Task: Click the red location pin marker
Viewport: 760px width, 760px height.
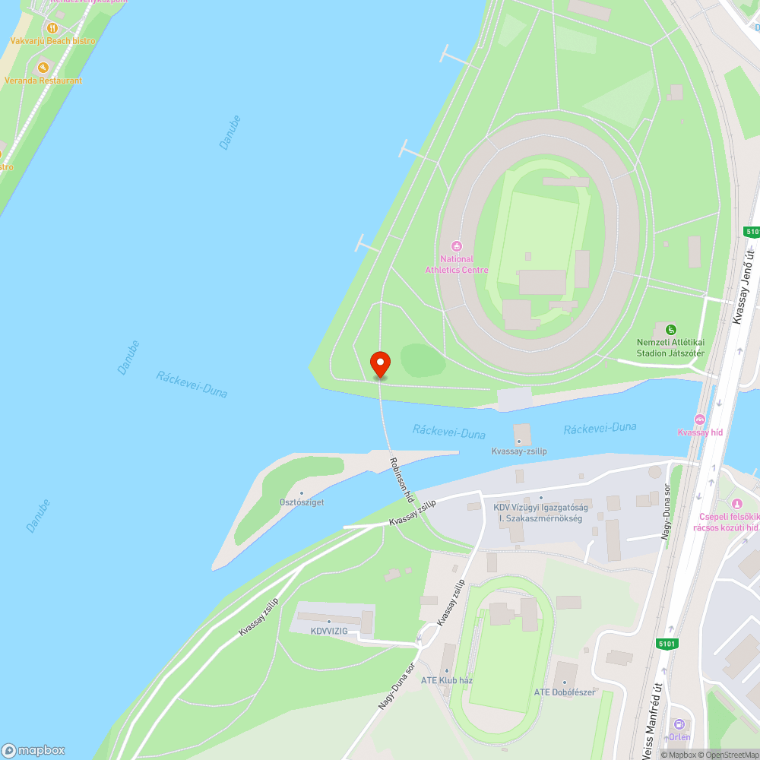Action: click(x=379, y=363)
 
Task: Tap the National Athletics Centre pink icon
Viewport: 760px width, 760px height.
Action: click(x=457, y=245)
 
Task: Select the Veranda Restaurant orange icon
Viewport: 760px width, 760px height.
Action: click(x=43, y=67)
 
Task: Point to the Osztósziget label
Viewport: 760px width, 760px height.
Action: click(x=302, y=503)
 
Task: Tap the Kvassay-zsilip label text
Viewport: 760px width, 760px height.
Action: click(x=519, y=451)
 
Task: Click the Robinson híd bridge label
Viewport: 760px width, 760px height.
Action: click(x=401, y=480)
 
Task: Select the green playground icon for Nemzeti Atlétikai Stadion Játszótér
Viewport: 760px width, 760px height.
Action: click(x=670, y=329)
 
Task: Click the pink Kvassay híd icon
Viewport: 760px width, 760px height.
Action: click(x=700, y=420)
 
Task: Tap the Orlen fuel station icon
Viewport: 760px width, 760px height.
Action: click(x=679, y=724)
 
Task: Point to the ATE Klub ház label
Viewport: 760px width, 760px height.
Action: click(x=447, y=680)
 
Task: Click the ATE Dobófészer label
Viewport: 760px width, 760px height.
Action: click(x=564, y=692)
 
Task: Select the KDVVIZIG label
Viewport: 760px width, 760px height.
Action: click(x=329, y=631)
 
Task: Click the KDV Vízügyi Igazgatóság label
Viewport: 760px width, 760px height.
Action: click(x=540, y=508)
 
